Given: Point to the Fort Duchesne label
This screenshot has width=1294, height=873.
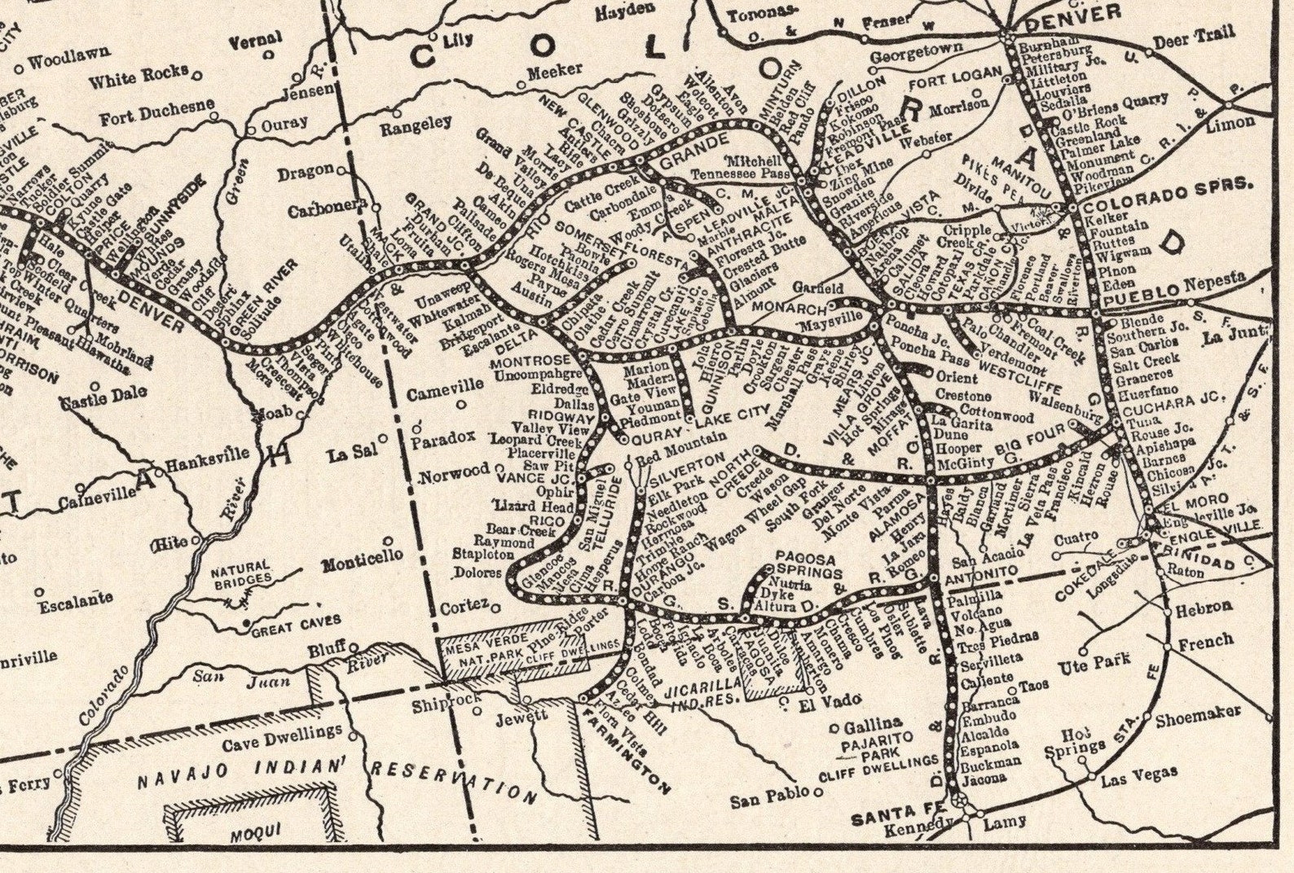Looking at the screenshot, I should (157, 112).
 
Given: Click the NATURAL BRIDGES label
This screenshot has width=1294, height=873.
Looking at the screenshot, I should (240, 571).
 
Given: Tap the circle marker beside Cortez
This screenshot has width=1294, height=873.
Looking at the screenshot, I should (494, 605).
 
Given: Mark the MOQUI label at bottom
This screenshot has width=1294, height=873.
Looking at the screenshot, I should (250, 834).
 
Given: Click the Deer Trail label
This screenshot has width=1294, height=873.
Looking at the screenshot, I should (1193, 37).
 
